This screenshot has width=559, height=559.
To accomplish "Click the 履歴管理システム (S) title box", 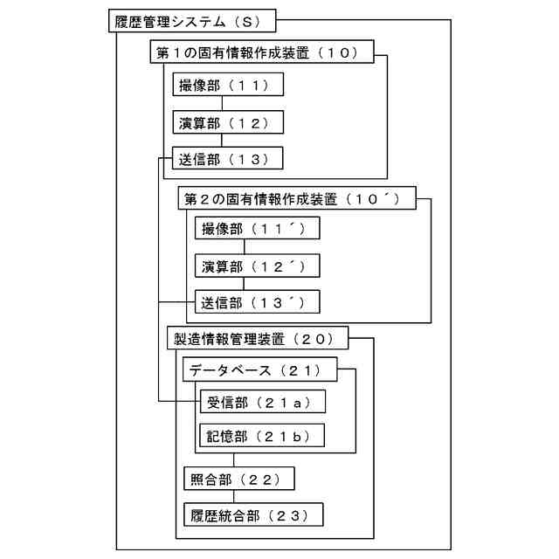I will point(195,21).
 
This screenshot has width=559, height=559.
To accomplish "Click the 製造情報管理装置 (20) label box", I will point(258,338).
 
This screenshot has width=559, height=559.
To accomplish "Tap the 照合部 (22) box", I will point(238,479).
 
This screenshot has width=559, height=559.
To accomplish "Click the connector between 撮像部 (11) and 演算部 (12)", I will point(222,104).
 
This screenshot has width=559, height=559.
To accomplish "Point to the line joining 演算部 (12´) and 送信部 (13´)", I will point(244,284).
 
